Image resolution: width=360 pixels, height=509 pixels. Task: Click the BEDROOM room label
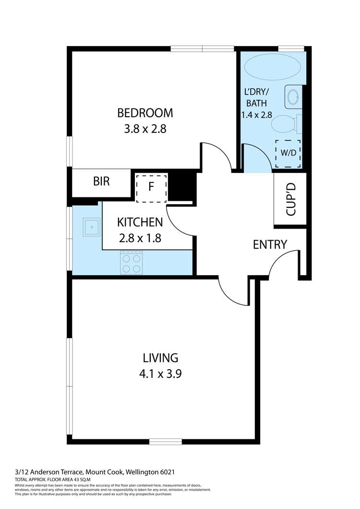pos(145,113)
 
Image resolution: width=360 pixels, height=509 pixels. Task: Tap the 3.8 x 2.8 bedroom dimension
pos(145,129)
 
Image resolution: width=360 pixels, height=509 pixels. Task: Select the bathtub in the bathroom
pos(273,68)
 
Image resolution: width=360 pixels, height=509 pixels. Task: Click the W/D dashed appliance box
pos(288,154)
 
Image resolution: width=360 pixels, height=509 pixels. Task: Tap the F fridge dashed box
pos(151,187)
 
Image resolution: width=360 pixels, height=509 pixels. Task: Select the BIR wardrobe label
pos(101,182)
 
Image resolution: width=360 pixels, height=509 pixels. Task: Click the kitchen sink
pos(91,227)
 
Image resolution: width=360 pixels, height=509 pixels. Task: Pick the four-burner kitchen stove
pos(131,263)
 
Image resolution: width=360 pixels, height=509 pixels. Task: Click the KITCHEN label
pos(140,222)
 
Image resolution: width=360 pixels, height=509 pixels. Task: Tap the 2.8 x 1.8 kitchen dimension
pos(140,238)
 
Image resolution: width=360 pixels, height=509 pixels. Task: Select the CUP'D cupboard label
pos(290,199)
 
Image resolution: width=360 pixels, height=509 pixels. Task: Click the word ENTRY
pos(270,244)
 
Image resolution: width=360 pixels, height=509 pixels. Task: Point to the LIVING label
pos(160,358)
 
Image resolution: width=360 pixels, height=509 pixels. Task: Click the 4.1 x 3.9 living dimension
pos(160,374)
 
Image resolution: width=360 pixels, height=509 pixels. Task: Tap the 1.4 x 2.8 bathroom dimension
pos(256,115)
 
